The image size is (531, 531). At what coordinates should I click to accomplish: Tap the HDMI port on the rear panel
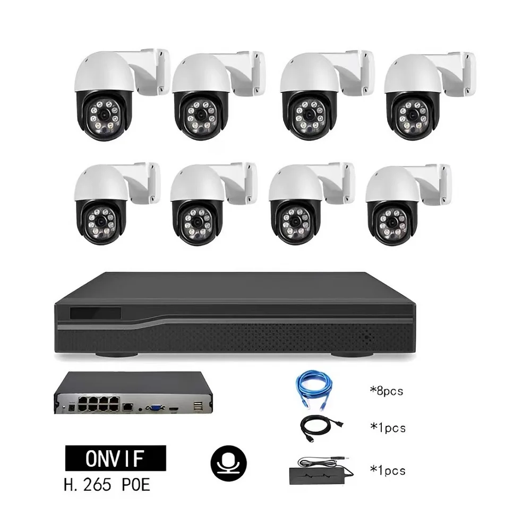174,408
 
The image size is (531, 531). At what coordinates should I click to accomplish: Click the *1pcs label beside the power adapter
387,470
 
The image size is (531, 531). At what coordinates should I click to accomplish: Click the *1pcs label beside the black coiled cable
387,427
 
